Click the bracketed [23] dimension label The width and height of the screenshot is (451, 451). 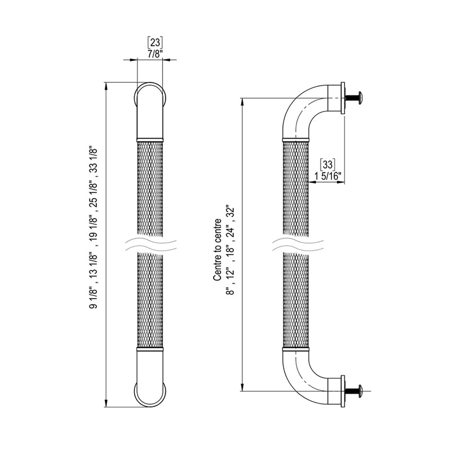154,41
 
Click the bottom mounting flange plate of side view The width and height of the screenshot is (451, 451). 342,389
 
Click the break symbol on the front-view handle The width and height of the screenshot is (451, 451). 150,244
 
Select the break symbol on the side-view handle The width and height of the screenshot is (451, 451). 296,244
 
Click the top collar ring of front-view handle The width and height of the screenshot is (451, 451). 150,138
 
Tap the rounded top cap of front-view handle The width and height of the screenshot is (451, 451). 150,101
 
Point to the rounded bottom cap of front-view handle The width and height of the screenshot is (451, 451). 150,386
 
